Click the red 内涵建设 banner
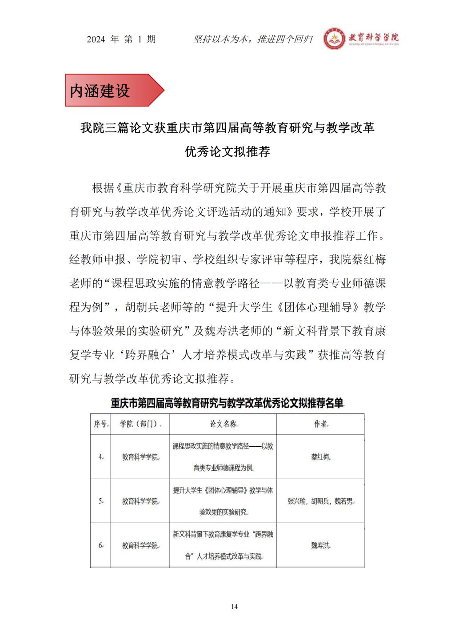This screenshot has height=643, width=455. [x=113, y=91]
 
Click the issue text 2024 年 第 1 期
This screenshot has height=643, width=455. [x=121, y=40]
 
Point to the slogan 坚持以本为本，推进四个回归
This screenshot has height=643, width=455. [x=253, y=40]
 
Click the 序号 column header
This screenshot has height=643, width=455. [x=100, y=424]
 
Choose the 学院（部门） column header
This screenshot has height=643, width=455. [x=140, y=424]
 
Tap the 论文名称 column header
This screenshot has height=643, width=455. [x=223, y=424]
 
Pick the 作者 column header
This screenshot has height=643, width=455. [x=320, y=424]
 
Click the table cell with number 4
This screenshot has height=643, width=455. [x=100, y=457]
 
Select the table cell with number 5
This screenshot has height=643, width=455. [x=100, y=501]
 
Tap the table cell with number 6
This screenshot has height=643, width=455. [x=100, y=545]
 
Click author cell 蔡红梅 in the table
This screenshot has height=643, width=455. [x=320, y=457]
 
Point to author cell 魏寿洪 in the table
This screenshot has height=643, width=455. [x=320, y=545]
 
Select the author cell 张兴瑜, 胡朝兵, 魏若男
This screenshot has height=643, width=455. [x=320, y=501]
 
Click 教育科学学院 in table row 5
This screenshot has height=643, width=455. [x=140, y=501]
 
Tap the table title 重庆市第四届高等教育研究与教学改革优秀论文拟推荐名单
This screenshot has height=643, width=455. [x=227, y=403]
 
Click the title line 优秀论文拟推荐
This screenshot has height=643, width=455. [x=227, y=152]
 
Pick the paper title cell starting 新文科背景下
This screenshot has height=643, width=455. [x=223, y=545]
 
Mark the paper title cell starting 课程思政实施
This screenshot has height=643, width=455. [x=223, y=457]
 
